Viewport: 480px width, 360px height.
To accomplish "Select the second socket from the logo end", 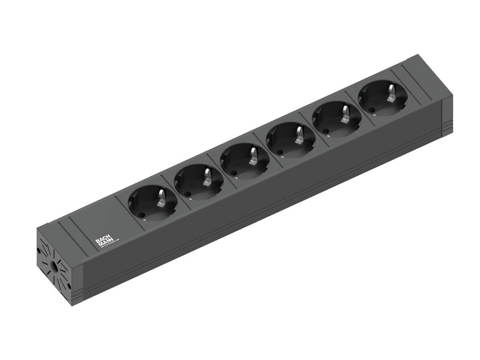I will pyautogui.click(x=198, y=181).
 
